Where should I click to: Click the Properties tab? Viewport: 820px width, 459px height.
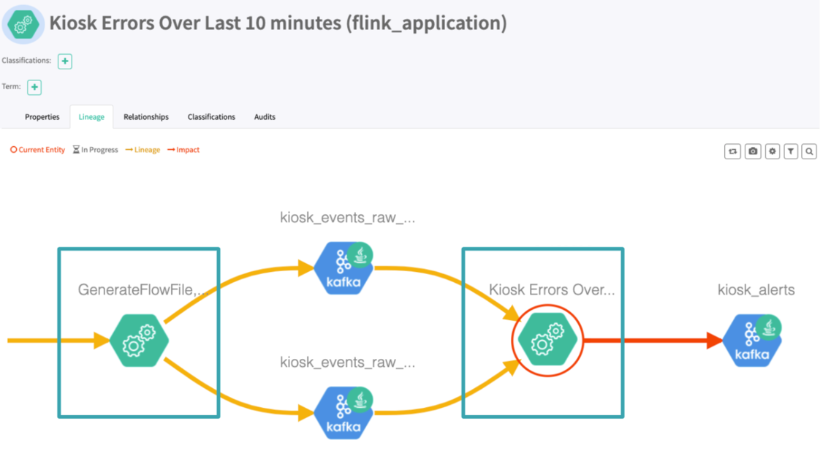(42, 117)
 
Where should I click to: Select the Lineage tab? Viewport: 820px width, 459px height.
(91, 117)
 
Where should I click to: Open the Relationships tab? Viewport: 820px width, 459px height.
(146, 117)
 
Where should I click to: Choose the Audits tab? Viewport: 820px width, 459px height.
(265, 117)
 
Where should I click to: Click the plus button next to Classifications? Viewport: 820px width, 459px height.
(65, 61)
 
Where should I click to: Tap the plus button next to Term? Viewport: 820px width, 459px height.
(34, 87)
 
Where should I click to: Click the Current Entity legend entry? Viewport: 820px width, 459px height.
(37, 150)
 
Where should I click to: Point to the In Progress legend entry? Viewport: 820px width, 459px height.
(96, 150)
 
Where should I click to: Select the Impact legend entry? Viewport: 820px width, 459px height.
(183, 150)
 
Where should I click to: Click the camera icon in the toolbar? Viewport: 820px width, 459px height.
(753, 151)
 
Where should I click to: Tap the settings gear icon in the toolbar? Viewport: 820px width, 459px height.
(772, 151)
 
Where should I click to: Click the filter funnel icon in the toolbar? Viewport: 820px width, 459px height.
(791, 151)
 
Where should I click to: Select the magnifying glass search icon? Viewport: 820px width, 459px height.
(809, 151)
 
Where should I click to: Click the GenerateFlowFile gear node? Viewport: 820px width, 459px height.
(139, 341)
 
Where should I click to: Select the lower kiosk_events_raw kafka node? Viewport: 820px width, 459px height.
(343, 413)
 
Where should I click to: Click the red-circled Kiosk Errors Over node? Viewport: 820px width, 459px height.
(547, 341)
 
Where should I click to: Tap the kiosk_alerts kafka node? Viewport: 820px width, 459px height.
(752, 341)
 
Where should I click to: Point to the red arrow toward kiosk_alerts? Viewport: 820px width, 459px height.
(650, 341)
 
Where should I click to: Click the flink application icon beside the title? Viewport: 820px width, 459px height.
(23, 24)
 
